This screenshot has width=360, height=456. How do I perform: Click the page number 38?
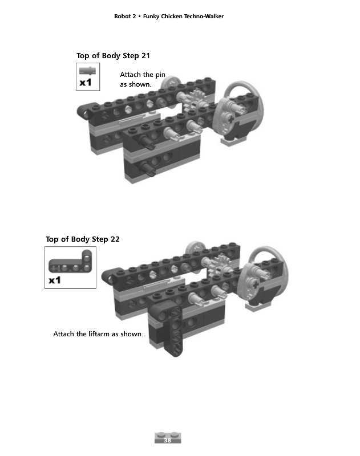167,440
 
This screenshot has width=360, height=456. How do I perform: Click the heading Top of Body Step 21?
113,55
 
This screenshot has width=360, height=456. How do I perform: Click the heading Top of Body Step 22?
83,239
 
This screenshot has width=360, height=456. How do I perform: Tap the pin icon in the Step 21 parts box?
87,70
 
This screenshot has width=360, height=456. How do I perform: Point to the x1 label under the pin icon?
86,83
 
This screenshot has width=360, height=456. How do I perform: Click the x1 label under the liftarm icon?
55,280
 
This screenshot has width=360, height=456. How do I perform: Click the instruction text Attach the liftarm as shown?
98,334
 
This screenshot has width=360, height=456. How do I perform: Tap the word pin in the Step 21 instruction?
160,75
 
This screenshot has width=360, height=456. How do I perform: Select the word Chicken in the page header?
171,17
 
